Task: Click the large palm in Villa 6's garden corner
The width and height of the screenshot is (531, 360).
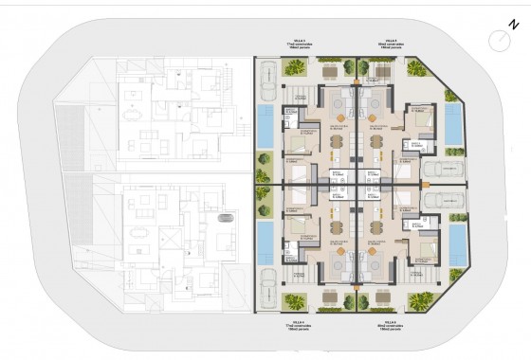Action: click(418, 302)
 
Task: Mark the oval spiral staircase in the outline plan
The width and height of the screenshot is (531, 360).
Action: click(226, 218)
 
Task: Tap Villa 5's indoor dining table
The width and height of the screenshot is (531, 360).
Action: click(377, 140)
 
